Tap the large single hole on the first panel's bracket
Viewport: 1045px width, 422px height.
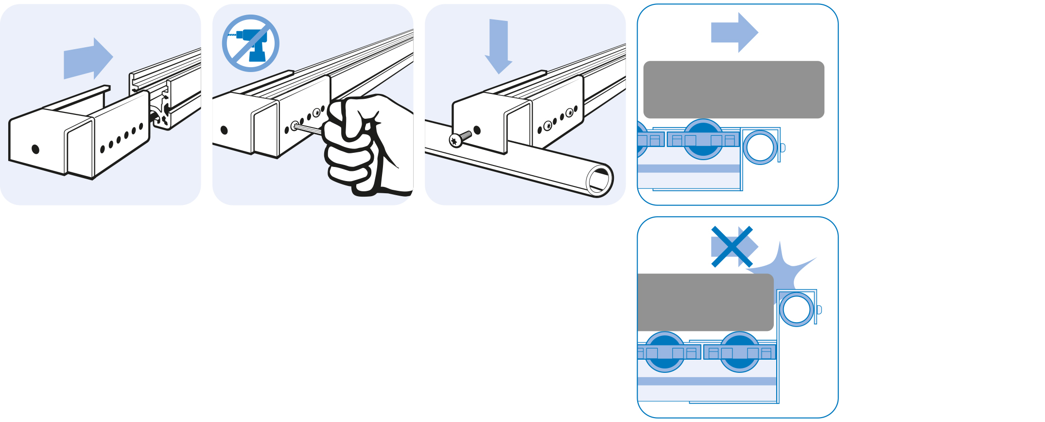(35, 149)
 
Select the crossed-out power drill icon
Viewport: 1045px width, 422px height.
(250, 43)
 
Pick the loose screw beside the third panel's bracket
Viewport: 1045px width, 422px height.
(459, 138)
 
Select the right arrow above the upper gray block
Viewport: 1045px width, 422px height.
(734, 33)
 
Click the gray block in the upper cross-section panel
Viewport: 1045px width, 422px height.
(733, 90)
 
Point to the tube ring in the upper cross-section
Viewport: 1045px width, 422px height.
(760, 147)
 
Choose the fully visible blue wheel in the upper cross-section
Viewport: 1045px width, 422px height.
(703, 139)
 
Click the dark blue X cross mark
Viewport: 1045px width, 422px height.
(731, 247)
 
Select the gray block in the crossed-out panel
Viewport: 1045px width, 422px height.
(705, 302)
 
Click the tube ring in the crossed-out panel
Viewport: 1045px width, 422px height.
(797, 309)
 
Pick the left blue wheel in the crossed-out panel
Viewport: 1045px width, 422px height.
(664, 352)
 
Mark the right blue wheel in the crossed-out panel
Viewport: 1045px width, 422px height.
(739, 352)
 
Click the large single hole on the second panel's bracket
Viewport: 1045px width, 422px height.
(224, 130)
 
